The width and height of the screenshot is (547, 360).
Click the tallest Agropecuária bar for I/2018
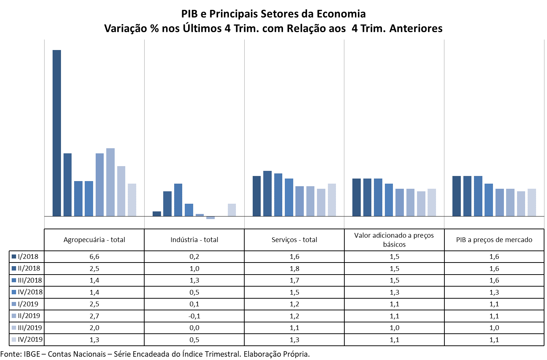pos(57,133)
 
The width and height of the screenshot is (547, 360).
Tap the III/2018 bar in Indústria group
pos(178,200)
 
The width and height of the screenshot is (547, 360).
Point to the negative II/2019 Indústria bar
pos(210,218)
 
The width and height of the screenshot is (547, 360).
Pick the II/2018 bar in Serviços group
pos(267,194)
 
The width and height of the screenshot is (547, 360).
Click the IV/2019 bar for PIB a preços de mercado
pos(532,202)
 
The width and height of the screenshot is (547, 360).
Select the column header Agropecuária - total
pos(94,240)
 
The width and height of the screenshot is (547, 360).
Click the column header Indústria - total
pos(194,240)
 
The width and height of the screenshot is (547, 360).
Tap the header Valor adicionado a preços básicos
pos(394,240)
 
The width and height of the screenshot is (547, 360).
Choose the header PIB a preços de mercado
pos(494,240)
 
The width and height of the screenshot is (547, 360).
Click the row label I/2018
pos(28,257)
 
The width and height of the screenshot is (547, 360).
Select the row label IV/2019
pos(30,340)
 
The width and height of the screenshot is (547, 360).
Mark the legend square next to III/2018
pos(14,280)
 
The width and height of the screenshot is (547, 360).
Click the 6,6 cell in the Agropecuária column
pos(94,257)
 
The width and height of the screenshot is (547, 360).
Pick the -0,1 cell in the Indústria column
pos(194,316)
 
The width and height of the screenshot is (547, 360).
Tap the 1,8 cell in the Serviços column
pos(294,269)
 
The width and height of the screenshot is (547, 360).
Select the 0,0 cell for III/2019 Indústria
pos(194,328)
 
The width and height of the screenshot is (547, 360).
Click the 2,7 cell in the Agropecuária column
pos(94,316)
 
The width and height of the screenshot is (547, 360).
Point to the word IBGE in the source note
pos(32,354)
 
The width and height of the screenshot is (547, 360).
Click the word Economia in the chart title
pos(342,14)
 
